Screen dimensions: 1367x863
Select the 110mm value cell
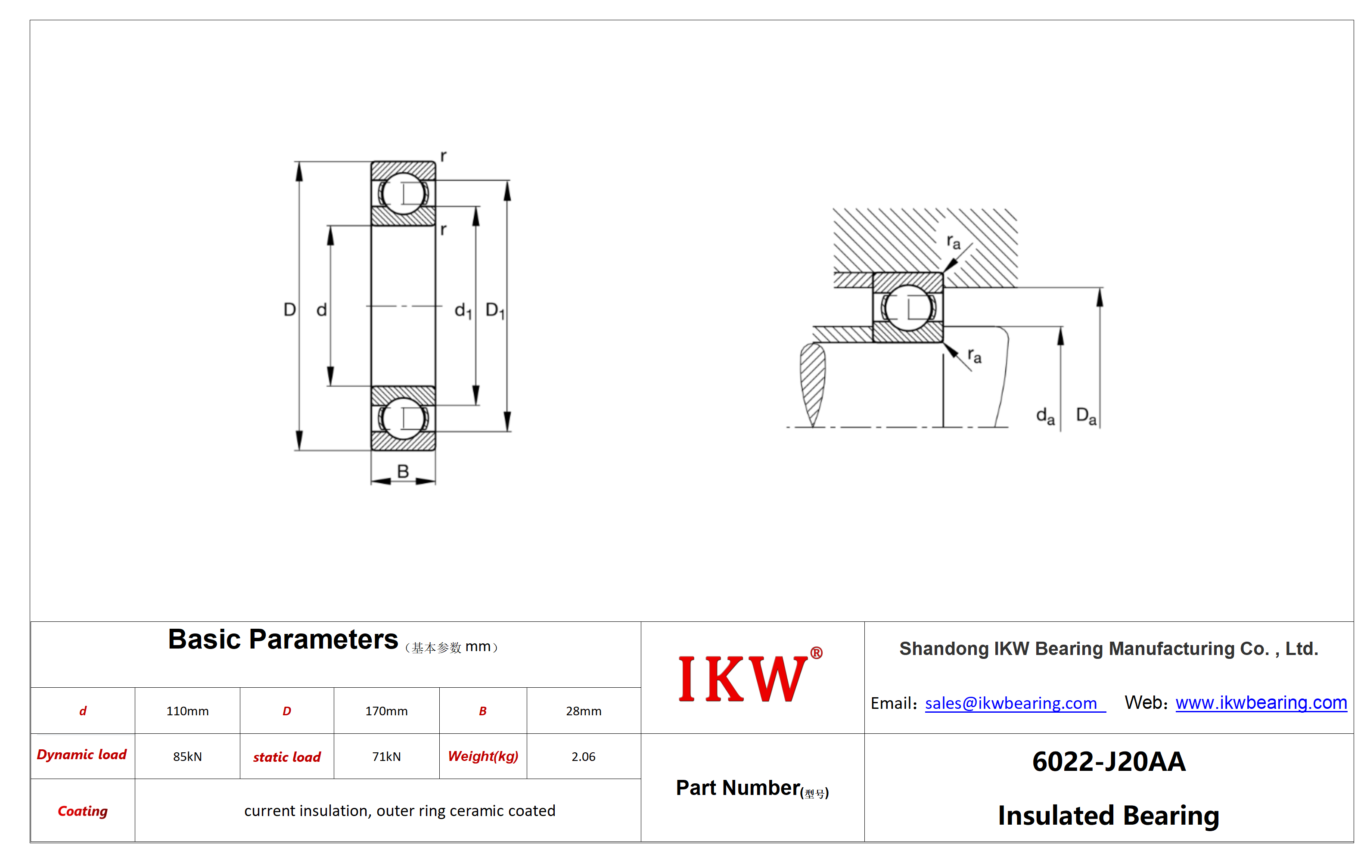click(x=187, y=711)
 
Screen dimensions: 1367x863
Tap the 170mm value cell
click(x=387, y=711)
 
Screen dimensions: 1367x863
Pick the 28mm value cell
click(x=584, y=711)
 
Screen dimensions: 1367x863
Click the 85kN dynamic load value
click(x=187, y=756)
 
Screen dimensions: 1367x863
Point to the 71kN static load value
click(x=387, y=756)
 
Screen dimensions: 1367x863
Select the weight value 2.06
click(x=584, y=756)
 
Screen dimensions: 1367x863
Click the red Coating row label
click(x=83, y=811)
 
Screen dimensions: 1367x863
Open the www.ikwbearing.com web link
click(x=1261, y=702)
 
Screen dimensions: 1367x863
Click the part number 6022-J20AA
click(x=1109, y=761)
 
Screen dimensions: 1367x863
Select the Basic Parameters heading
click(x=283, y=639)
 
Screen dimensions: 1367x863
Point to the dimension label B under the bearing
click(x=403, y=471)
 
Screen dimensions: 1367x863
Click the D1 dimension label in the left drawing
click(x=495, y=310)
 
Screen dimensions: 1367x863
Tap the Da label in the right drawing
click(x=1086, y=416)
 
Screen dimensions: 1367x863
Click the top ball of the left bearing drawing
click(x=403, y=194)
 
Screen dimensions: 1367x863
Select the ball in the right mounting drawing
click(x=908, y=308)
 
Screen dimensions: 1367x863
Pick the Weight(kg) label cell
click(x=483, y=756)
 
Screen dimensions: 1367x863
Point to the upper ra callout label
click(x=954, y=242)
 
